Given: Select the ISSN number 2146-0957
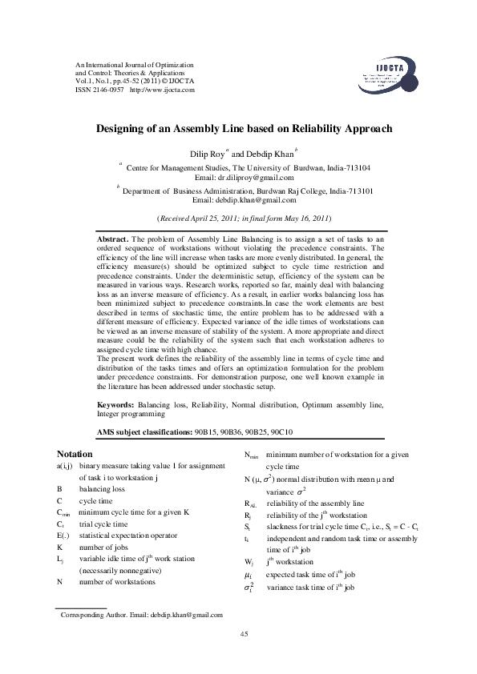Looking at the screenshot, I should [x=105, y=90].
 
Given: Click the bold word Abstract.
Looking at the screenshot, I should [x=112, y=239].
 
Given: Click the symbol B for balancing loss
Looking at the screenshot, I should [x=59, y=487].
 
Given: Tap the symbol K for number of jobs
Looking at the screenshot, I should [x=59, y=524].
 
